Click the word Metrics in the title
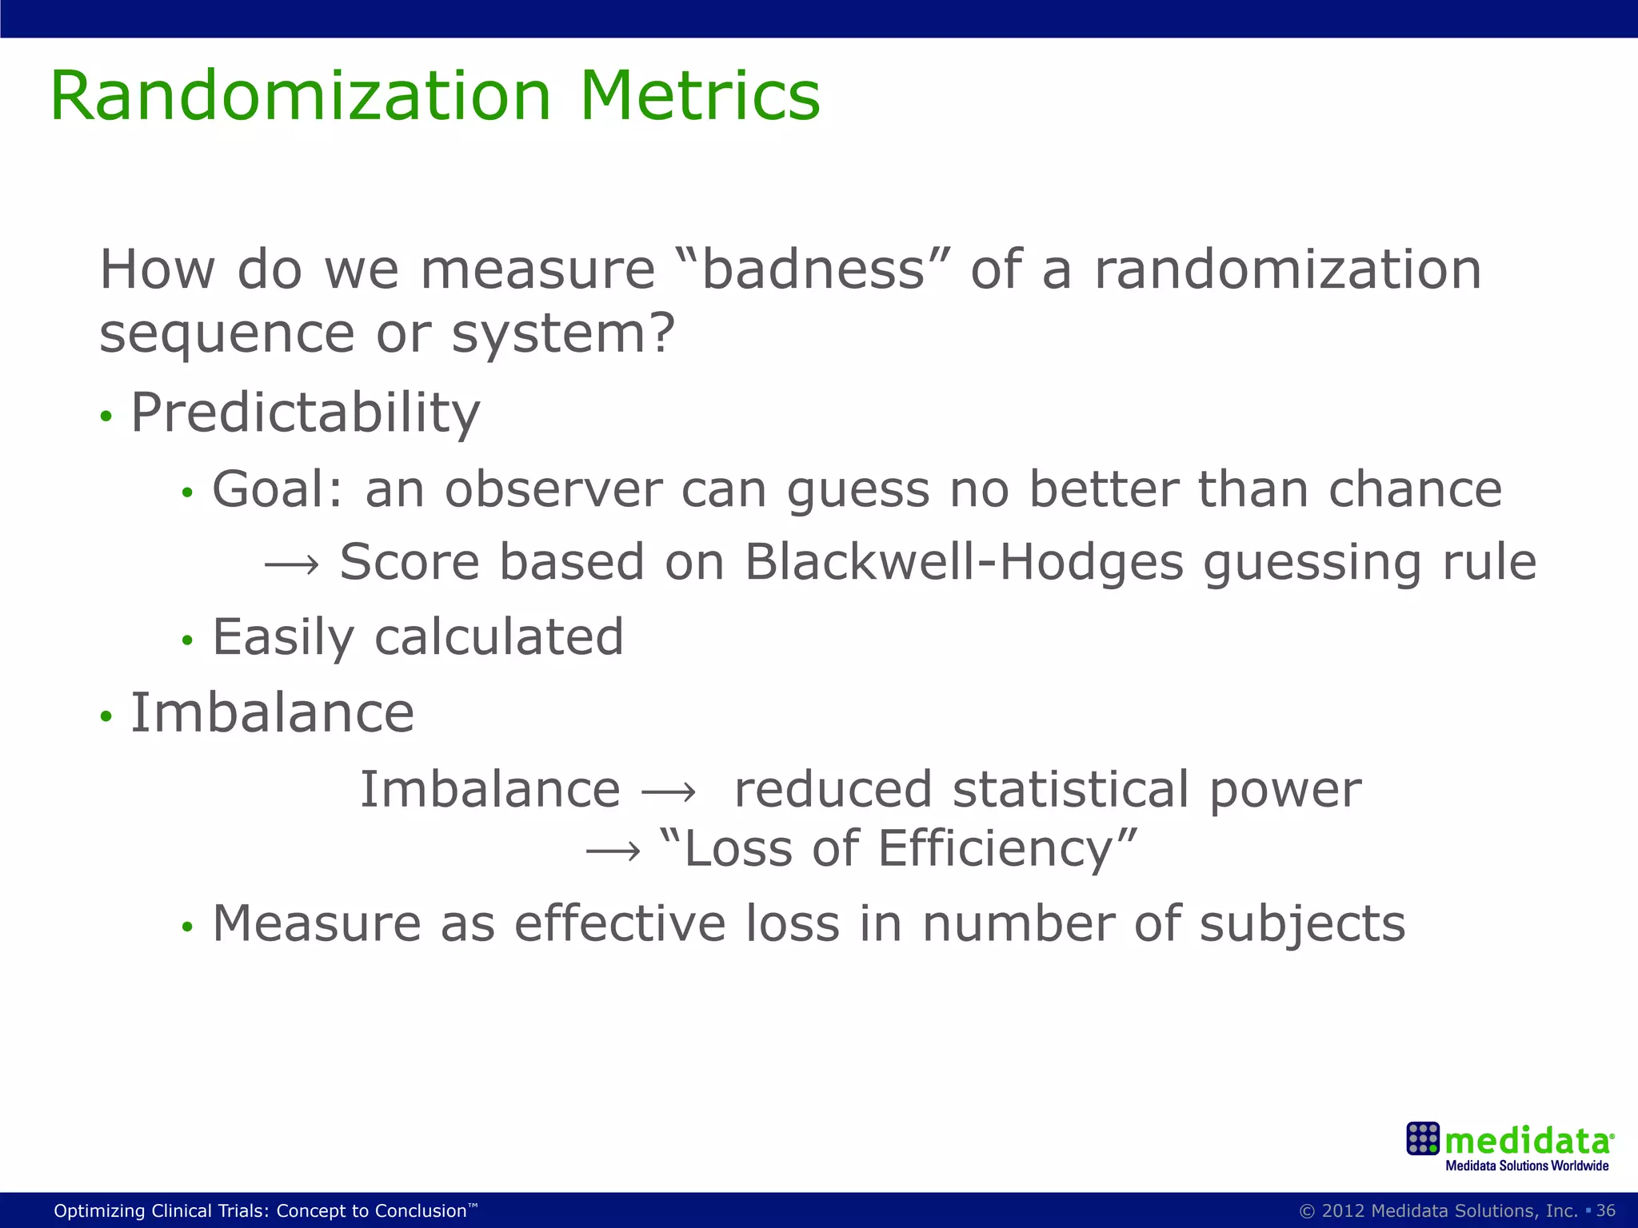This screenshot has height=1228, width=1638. (x=700, y=96)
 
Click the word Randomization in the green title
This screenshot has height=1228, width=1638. (x=301, y=96)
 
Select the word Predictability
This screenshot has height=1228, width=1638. (x=306, y=414)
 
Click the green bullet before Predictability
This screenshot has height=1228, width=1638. (x=106, y=417)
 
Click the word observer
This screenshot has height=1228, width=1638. (x=553, y=489)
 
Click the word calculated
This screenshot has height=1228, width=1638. (x=498, y=637)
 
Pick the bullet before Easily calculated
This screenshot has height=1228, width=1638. (x=187, y=640)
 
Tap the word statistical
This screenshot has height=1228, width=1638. (x=1071, y=790)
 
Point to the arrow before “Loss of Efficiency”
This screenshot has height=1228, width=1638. (x=613, y=851)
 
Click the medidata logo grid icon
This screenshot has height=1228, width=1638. (x=1423, y=1138)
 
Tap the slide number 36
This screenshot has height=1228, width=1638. (x=1606, y=1210)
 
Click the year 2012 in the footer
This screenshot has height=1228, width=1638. (x=1344, y=1210)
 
